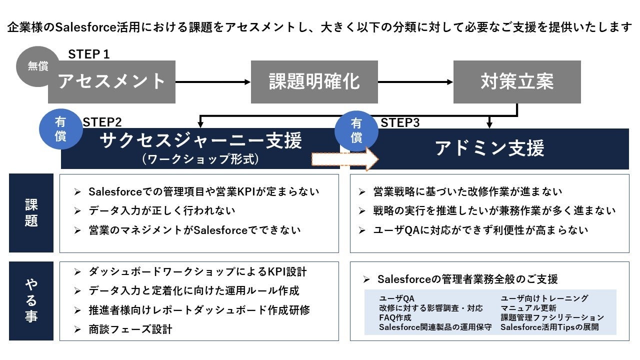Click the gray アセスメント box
click(111, 82)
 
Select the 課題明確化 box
click(314, 82)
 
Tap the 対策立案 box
click(517, 82)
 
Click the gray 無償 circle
click(37, 66)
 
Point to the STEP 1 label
click(89, 54)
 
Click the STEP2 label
click(102, 122)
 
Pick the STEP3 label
click(400, 122)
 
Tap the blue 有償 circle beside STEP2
click(60, 129)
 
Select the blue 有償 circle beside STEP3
click(356, 130)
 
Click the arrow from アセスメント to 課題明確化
click(213, 82)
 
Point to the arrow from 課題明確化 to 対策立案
click(415, 82)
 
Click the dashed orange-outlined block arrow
click(345, 159)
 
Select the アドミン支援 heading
click(489, 148)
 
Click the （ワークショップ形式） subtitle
click(200, 159)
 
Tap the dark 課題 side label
click(31, 213)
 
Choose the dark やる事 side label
click(31, 300)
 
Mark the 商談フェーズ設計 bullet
click(130, 329)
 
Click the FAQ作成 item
click(395, 317)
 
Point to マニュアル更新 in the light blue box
click(528, 308)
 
